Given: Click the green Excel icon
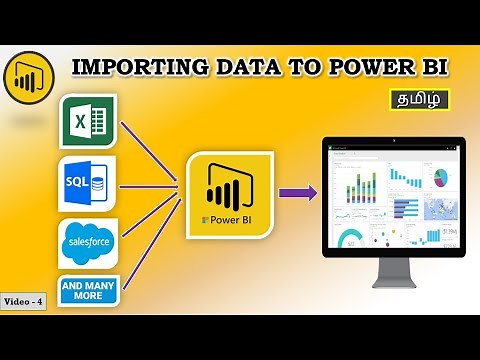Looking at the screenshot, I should coord(88,122).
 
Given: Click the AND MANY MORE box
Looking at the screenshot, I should coord(88,292).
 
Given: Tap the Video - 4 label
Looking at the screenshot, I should coord(24,301).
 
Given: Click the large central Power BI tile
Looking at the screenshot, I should coord(229,194).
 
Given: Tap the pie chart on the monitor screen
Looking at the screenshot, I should coord(441,175).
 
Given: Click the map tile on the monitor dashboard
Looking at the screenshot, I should coord(441,208).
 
